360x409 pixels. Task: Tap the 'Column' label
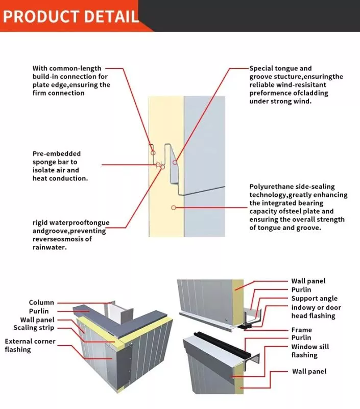41,303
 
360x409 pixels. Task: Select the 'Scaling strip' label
34,328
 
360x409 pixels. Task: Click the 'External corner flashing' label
30,345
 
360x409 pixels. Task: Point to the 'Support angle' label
314,299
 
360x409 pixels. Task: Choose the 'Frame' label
301,330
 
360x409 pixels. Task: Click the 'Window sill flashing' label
310,351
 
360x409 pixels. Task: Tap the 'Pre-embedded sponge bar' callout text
60,166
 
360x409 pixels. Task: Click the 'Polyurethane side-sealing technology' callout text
298,207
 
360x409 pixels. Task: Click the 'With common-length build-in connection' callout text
71,80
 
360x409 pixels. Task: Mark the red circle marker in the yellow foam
174,208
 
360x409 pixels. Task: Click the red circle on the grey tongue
175,162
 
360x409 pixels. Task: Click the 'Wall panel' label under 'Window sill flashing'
309,371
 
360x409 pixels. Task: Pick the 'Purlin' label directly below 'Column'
39,311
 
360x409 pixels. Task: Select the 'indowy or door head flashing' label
316,311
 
